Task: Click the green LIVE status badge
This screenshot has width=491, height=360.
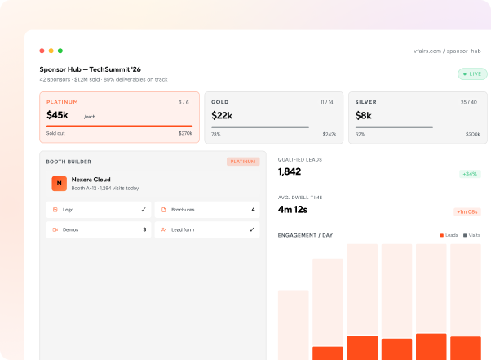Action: (x=472, y=74)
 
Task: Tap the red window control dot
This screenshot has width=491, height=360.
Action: (x=42, y=51)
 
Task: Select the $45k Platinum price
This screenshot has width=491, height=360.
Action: (x=57, y=115)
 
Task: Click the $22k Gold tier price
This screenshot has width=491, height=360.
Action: (x=222, y=116)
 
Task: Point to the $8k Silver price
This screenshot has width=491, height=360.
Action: (x=363, y=116)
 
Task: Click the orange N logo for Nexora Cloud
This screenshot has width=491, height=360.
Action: (x=60, y=184)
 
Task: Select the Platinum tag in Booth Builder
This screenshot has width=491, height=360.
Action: (x=243, y=162)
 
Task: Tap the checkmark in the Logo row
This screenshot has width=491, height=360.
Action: (x=144, y=210)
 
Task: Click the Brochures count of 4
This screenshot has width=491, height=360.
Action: (x=253, y=210)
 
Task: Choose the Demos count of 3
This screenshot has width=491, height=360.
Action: (x=144, y=229)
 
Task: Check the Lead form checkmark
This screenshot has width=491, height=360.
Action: (x=252, y=229)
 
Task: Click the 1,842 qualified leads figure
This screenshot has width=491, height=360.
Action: (x=290, y=171)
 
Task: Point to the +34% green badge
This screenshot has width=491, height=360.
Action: (x=470, y=174)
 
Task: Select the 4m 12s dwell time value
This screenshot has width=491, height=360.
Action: (x=293, y=209)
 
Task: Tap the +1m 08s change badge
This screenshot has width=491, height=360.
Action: (x=467, y=211)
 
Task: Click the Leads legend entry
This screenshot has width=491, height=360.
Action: (x=449, y=235)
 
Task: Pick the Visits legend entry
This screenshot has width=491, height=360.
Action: (x=471, y=235)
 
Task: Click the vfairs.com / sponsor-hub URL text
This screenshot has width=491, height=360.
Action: (x=447, y=51)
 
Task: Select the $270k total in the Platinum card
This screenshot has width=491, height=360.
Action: (x=185, y=133)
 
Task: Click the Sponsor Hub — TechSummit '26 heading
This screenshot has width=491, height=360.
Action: (x=91, y=69)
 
